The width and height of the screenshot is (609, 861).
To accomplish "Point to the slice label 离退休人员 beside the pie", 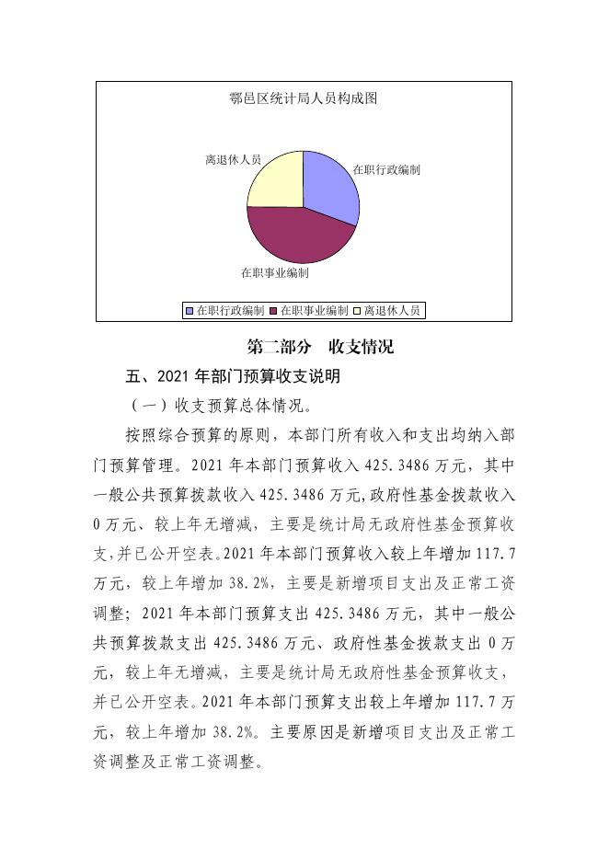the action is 233,160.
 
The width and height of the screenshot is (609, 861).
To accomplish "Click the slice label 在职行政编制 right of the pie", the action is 387,169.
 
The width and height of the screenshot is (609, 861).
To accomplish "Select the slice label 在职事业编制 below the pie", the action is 274,273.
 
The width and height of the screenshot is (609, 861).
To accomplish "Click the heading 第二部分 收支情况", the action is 321,347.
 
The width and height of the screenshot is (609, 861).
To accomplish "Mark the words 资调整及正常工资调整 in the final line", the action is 184,763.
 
